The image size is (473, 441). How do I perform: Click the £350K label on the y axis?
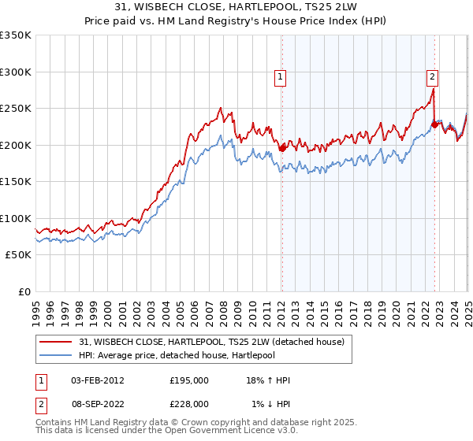coord(16,35)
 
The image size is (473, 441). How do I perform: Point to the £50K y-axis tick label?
coord(18,255)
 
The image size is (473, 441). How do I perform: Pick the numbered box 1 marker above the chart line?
coord(281,76)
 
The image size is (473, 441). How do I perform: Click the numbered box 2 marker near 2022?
coord(433,76)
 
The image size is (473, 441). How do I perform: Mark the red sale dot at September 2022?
coord(434,124)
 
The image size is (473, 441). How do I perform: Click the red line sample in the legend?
coord(54,342)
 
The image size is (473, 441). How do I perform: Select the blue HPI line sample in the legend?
coord(54,355)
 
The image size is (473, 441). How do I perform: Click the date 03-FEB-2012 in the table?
coord(98,380)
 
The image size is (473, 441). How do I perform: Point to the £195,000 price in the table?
coord(188,380)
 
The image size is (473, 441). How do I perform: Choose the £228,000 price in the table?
coord(188,404)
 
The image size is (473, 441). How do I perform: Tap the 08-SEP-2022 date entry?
coord(98,404)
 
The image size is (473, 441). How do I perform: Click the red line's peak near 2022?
coord(434,90)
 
